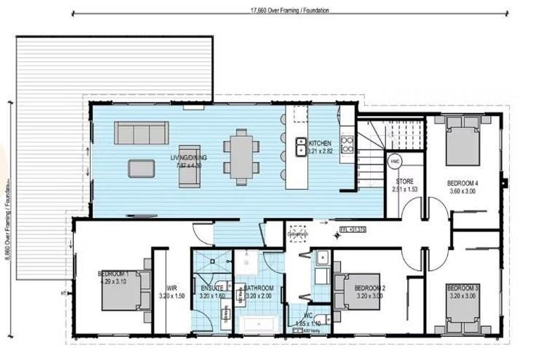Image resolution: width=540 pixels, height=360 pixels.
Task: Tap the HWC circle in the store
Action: point(394,160)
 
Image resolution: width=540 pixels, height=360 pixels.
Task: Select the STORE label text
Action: point(405,181)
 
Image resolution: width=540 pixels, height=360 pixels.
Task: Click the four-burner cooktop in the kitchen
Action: point(347,144)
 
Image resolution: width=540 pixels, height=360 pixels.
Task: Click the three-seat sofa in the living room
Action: point(141,132)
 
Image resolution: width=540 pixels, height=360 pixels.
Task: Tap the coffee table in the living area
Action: point(141,167)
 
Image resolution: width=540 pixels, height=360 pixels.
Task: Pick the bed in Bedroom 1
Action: point(125,289)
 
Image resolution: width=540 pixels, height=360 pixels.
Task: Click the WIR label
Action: point(172,287)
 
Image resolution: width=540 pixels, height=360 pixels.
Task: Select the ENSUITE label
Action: point(211,288)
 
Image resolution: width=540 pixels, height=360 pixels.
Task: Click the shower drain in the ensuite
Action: point(212,261)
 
